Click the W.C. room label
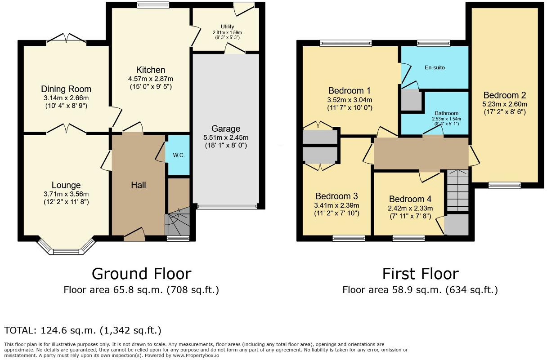tap(179, 156)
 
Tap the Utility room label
tap(227, 27)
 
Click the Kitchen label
tap(151, 70)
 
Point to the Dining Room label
tap(66, 89)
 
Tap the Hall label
tap(139, 185)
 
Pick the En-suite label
tap(435, 67)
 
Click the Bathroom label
tap(446, 113)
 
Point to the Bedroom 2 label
tap(504, 95)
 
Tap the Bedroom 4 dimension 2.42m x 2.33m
tap(410, 208)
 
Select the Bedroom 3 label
tap(336, 196)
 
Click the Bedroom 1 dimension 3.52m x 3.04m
tap(350, 100)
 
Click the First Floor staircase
tap(457, 191)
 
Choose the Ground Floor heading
tap(141, 273)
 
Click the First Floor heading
tap(420, 273)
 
